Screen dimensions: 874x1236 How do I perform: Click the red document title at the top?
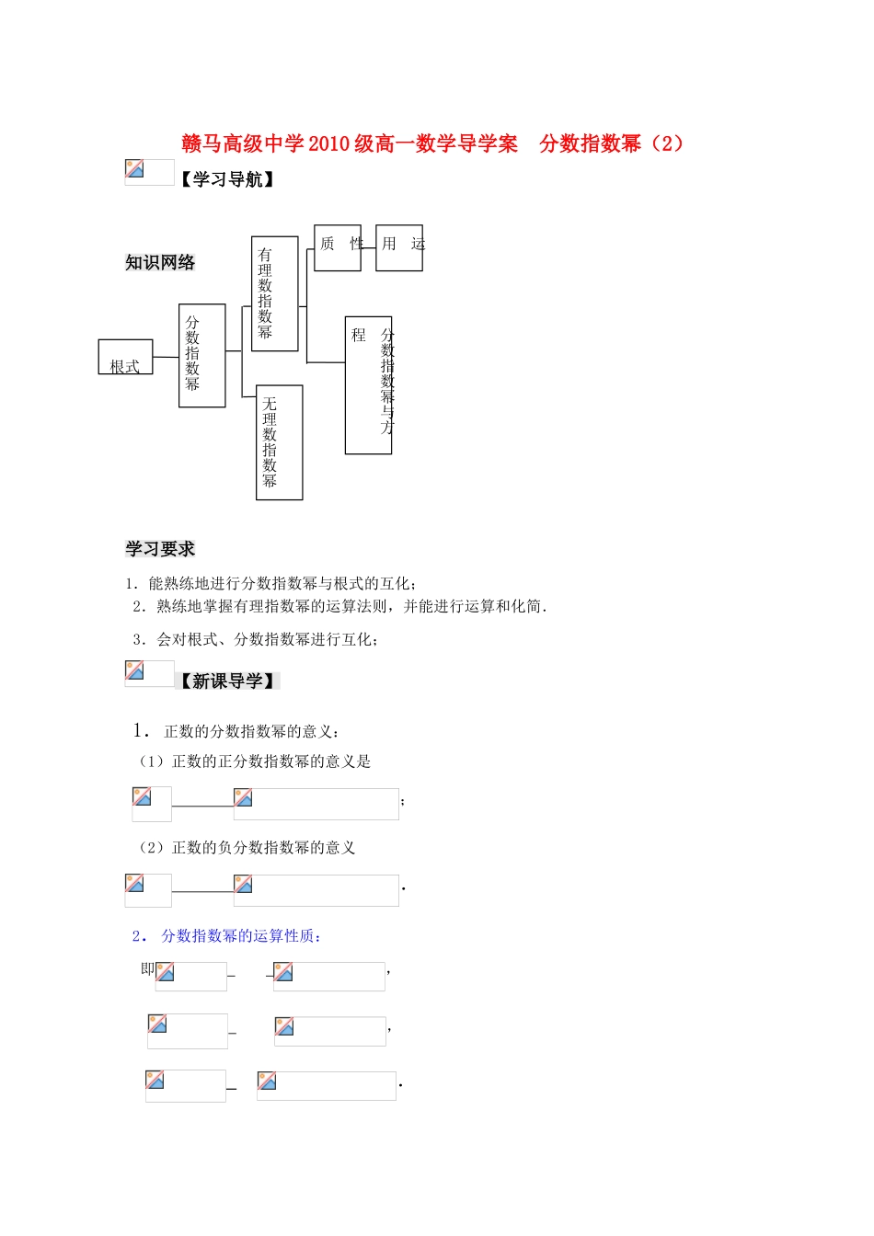[432, 143]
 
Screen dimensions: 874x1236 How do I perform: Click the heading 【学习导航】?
[226, 179]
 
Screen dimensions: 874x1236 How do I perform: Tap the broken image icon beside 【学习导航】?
[135, 169]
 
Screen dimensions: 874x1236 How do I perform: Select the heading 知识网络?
[160, 263]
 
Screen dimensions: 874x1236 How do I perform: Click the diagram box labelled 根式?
[125, 358]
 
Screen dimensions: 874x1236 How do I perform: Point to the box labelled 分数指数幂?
[201, 355]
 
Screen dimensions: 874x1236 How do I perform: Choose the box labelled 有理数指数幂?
[274, 293]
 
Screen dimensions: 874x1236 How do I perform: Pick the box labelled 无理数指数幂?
[279, 442]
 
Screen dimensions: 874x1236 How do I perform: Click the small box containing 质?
[337, 247]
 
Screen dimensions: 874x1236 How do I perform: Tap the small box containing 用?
[398, 247]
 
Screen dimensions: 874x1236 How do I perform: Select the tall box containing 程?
[368, 384]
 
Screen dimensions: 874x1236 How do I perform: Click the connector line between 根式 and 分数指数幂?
[166, 357]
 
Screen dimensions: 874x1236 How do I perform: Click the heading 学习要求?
[160, 549]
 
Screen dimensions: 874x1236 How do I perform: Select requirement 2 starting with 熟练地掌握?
[339, 606]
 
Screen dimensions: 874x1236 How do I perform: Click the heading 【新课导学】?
[227, 681]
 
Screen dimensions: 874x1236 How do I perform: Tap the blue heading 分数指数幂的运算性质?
[239, 936]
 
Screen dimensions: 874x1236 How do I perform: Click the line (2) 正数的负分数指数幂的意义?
[247, 848]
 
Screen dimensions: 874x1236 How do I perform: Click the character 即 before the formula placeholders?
[147, 969]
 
